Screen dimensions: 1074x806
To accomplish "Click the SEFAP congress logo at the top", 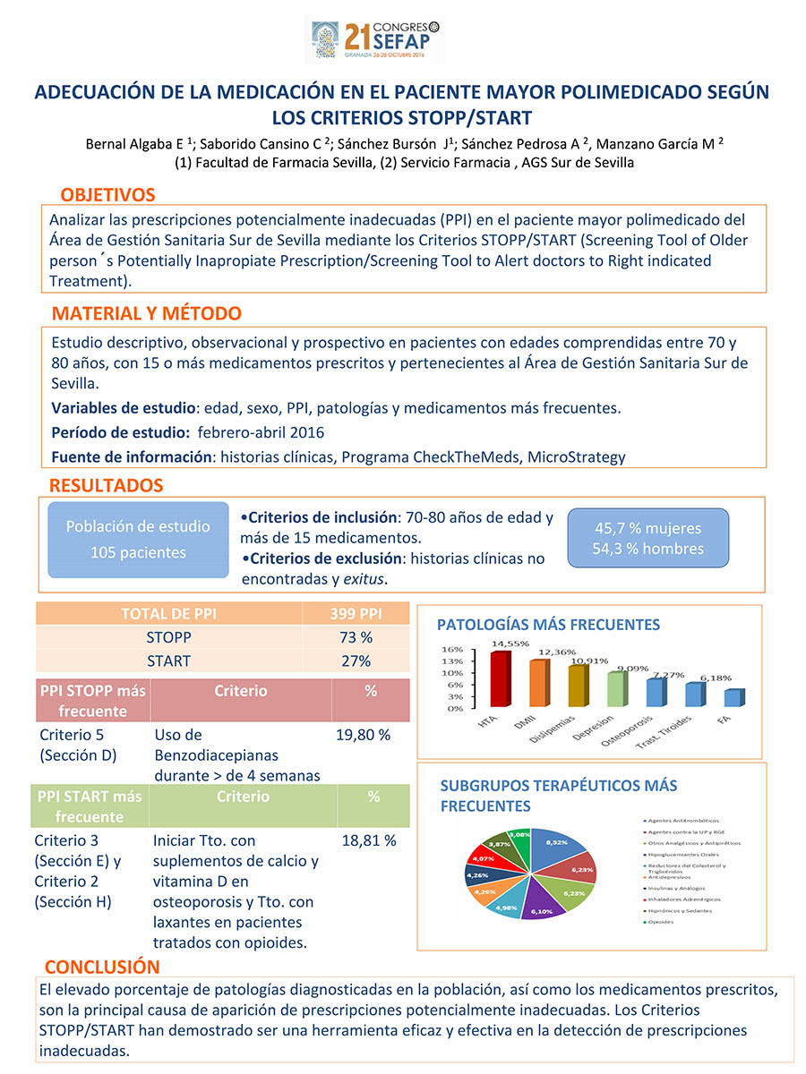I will coord(375,39).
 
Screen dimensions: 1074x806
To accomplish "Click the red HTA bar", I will coord(499,679).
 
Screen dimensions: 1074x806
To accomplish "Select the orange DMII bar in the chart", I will coord(537,684).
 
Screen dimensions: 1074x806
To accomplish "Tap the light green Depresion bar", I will coord(616,689).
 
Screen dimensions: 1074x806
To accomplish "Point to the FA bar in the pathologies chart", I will coord(733,698).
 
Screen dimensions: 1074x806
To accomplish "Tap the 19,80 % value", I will coord(363,735).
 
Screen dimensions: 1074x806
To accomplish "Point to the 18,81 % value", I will coord(369,841).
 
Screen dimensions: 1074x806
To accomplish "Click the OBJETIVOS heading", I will coord(107,195).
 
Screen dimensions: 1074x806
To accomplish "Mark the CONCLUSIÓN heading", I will coord(102,967).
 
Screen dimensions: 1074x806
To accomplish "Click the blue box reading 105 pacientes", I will coord(138,540).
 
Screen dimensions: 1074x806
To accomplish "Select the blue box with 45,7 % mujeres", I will coord(647,538).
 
